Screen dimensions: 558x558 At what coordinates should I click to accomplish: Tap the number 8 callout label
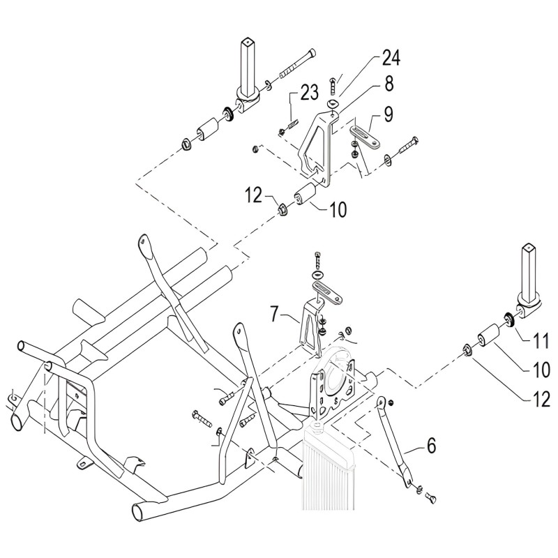(389, 85)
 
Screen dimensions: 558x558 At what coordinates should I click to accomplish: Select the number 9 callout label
(389, 112)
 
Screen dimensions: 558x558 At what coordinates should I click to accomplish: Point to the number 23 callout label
(310, 91)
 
